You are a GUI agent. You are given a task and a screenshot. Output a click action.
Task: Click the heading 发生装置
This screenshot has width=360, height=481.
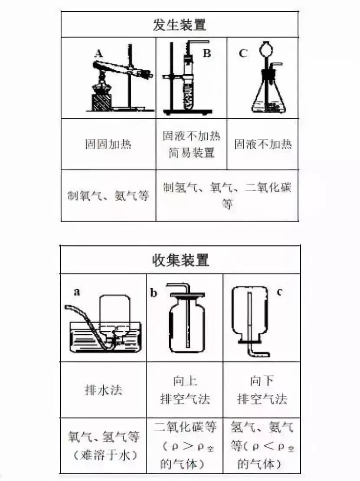(180, 25)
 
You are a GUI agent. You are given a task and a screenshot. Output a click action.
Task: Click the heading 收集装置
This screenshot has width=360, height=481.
(180, 260)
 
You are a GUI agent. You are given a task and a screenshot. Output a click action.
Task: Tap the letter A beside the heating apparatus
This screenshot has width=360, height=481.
(99, 53)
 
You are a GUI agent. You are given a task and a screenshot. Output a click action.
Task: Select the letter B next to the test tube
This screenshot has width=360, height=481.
(207, 53)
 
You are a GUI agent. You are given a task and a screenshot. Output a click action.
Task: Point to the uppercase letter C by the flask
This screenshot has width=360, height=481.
(243, 53)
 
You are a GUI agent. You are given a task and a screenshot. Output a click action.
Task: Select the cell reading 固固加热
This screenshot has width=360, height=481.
(108, 145)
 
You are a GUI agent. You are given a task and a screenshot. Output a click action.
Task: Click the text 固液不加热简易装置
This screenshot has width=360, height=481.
(191, 145)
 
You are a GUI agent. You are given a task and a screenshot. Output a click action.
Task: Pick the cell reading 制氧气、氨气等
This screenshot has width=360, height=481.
(108, 196)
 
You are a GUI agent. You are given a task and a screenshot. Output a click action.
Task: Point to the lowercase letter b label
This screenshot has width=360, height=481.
(154, 293)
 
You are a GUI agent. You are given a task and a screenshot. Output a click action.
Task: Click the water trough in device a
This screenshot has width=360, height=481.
(104, 336)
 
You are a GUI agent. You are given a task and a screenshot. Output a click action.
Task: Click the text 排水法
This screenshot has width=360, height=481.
(103, 390)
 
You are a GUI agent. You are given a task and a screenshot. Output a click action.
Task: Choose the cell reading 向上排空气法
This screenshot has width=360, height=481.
(185, 390)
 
